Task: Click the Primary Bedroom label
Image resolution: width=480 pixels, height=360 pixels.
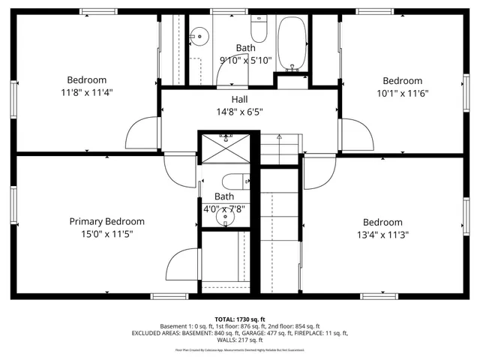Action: click(106, 221)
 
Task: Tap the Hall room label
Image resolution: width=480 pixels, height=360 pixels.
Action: click(239, 99)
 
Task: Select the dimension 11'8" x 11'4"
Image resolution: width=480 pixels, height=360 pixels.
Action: click(87, 92)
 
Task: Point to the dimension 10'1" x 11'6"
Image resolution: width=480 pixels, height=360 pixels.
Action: click(403, 93)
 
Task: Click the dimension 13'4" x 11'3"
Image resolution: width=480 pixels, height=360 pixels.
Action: click(382, 234)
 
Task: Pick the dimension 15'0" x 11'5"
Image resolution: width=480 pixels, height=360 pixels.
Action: click(106, 234)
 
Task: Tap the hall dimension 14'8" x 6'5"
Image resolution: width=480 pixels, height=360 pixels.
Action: click(239, 112)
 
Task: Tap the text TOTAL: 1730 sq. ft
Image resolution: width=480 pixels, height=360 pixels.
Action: click(239, 319)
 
